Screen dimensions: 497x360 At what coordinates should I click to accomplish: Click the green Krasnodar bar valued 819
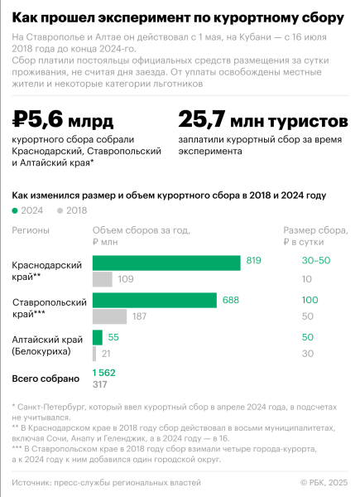[x=168, y=262]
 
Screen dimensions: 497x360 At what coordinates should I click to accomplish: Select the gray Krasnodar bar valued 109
[x=103, y=279]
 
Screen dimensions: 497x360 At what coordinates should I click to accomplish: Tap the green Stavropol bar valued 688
[x=155, y=300]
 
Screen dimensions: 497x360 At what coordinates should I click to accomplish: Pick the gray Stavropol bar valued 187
[x=109, y=316]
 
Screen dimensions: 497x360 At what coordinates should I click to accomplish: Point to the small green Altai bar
[x=98, y=337]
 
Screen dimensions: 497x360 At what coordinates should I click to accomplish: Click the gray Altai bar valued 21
[x=94, y=354]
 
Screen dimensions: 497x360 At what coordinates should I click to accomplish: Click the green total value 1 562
[x=104, y=373]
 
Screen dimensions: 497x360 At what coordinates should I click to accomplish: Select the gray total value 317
[x=100, y=384]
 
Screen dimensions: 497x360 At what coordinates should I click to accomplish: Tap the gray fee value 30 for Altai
[x=308, y=354]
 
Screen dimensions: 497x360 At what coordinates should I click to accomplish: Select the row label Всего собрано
[x=46, y=379]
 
